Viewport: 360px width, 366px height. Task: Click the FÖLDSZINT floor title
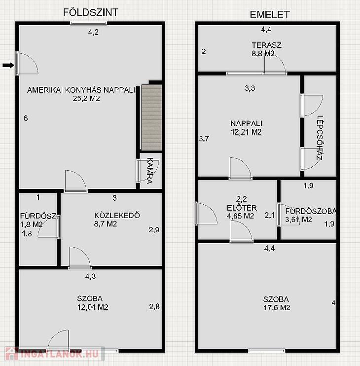(x=91, y=13)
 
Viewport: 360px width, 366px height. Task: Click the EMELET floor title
(x=270, y=15)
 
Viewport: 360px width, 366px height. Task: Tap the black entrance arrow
(x=8, y=65)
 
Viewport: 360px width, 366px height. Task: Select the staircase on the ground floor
(x=151, y=117)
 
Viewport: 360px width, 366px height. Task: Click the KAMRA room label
(x=150, y=171)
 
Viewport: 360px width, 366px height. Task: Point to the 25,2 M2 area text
(x=86, y=99)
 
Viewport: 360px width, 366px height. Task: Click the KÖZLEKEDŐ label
(x=117, y=215)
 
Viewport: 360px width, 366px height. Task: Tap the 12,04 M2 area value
(x=93, y=307)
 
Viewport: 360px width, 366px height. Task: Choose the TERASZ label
(x=266, y=45)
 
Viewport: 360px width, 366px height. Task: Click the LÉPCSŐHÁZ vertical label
(x=320, y=138)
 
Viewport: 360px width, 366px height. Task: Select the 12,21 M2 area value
(x=246, y=132)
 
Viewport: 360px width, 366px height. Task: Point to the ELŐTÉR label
(x=242, y=208)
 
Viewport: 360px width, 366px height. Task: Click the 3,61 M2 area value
(x=298, y=220)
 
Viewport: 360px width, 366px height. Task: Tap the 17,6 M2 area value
(x=277, y=308)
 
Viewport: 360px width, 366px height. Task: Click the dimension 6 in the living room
(x=26, y=118)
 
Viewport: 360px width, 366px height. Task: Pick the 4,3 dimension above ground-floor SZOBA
(x=91, y=276)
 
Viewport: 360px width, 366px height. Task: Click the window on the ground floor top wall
(x=88, y=23)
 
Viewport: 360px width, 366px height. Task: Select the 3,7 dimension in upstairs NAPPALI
(x=204, y=139)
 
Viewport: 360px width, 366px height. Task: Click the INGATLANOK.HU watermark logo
(x=54, y=354)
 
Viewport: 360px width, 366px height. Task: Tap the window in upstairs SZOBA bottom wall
(x=266, y=351)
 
